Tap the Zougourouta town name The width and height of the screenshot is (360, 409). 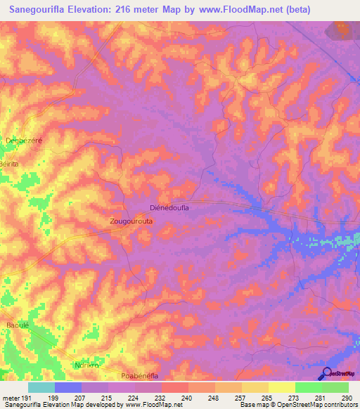point(131,221)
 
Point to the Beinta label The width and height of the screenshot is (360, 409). point(10,163)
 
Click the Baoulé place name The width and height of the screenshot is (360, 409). point(17,325)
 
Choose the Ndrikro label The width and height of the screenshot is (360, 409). point(88,365)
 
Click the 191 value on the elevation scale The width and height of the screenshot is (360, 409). point(27,398)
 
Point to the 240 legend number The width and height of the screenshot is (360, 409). point(187,398)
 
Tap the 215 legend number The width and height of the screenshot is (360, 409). point(107,398)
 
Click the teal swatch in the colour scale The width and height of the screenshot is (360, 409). point(41,387)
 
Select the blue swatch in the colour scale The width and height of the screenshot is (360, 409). point(68,387)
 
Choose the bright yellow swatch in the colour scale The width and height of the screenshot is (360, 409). point(282,387)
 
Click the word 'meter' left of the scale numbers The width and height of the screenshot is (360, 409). point(11,398)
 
